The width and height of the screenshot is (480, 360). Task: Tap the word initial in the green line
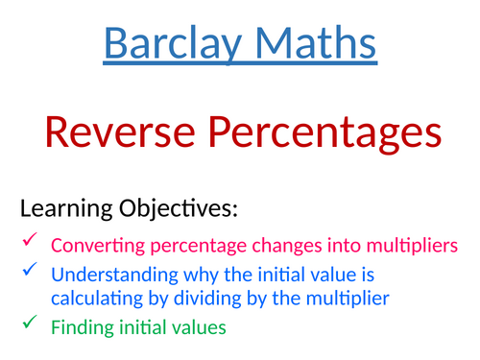(142, 326)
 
